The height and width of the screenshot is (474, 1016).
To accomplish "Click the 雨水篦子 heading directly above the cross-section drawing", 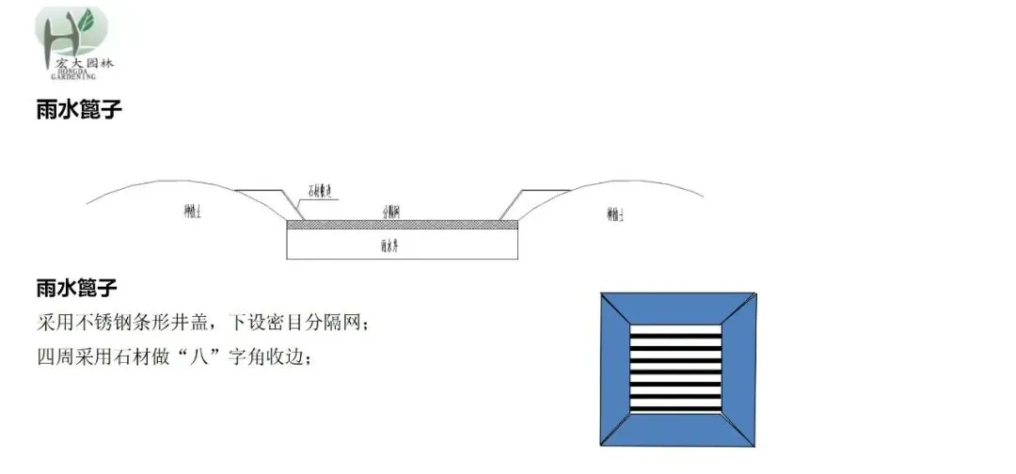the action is click(x=79, y=110).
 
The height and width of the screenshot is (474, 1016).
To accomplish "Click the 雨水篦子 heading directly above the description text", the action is click(x=79, y=286).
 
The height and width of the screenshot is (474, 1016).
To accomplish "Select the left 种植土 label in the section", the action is click(x=193, y=212).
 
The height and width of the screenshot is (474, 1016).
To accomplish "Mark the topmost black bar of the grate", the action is click(x=677, y=330).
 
